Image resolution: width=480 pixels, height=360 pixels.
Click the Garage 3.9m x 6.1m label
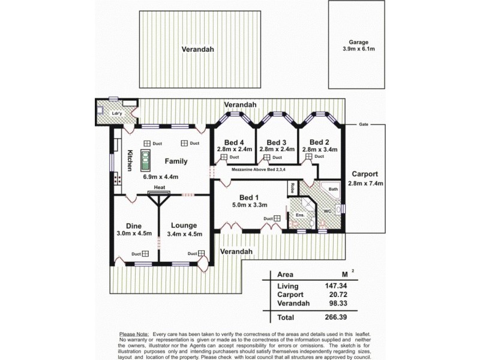click(x=359, y=46)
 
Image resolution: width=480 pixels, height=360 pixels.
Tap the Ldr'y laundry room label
click(x=117, y=113)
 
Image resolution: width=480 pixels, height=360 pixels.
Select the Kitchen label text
click(x=129, y=161)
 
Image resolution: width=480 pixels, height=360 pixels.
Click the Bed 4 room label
click(x=235, y=142)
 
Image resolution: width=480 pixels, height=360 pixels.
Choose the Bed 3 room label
click(x=277, y=142)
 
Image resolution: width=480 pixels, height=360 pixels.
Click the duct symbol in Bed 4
click(x=223, y=157)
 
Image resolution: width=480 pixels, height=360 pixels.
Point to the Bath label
click(x=334, y=190)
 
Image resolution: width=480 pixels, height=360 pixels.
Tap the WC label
click(x=328, y=211)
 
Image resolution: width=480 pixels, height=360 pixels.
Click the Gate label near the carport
click(x=364, y=124)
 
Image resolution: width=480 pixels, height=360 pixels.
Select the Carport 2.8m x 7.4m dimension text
click(x=367, y=184)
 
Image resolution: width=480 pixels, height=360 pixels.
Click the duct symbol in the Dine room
click(x=145, y=254)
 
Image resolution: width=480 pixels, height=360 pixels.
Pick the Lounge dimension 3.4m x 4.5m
click(x=185, y=234)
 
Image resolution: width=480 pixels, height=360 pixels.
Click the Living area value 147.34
click(x=338, y=286)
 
